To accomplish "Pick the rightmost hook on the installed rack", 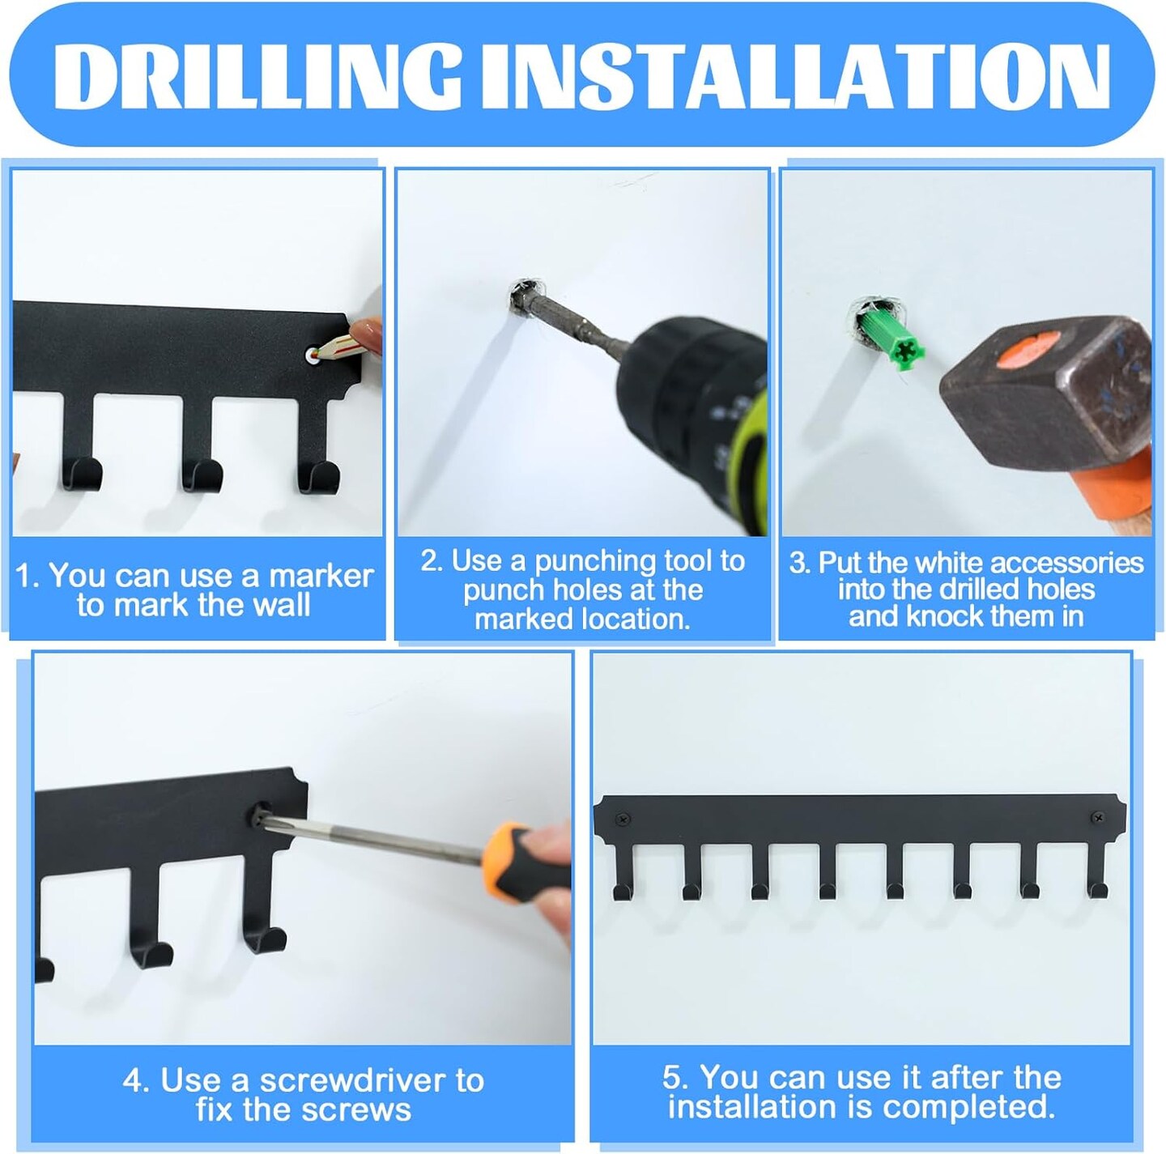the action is tap(1096, 870).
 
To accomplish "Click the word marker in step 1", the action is tap(320, 576).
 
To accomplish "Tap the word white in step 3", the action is tap(951, 563).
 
